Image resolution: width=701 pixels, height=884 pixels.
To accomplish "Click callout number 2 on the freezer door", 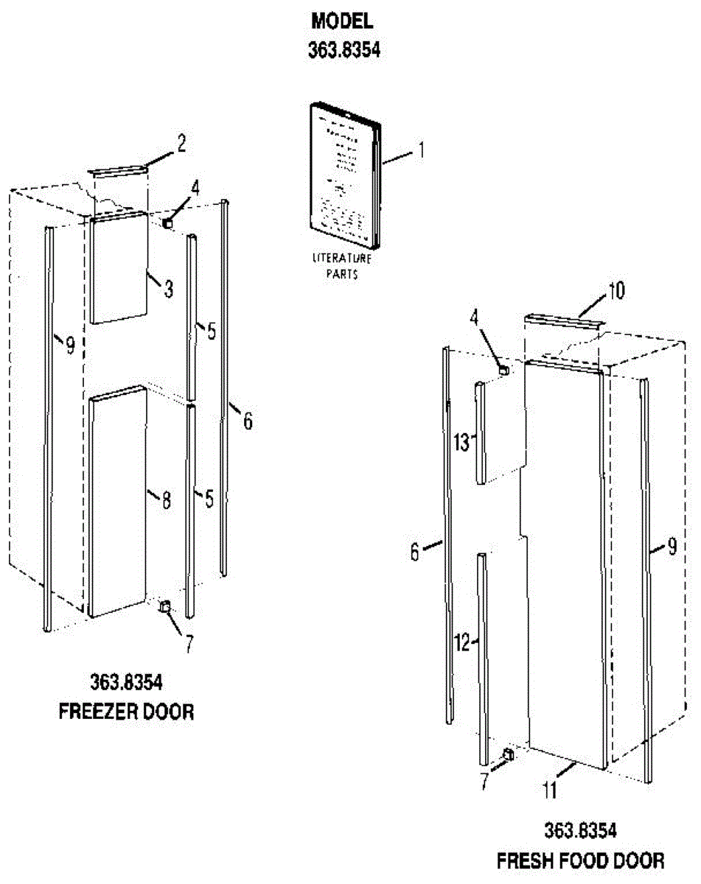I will [181, 144].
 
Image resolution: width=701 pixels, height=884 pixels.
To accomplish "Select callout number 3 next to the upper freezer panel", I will [168, 289].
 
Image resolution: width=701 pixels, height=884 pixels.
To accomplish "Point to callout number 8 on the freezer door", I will [166, 500].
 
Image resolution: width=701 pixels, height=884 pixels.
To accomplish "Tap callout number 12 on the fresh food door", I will [462, 642].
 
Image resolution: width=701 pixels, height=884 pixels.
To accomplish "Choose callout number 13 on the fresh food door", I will [461, 443].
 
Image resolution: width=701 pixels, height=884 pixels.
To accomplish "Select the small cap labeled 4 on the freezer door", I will [169, 220].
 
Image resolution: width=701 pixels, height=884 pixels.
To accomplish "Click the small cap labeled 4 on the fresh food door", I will [505, 368].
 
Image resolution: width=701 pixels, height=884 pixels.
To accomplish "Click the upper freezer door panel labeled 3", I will [118, 267].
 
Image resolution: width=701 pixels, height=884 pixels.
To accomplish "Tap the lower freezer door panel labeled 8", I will [116, 501].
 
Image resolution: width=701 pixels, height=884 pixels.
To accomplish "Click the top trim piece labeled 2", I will [118, 171].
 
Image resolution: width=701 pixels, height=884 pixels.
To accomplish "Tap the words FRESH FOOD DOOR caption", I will [580, 860].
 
